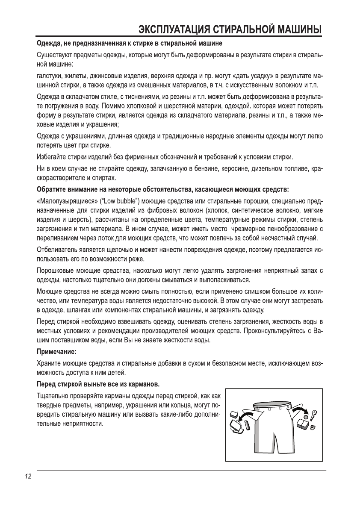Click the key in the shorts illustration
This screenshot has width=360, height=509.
pos(313,415)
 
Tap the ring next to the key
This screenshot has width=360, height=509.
pos(313,427)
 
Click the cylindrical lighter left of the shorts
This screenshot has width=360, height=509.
pos(247,425)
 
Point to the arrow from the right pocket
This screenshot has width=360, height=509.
pos(302,411)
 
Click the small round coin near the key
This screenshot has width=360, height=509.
pos(306,417)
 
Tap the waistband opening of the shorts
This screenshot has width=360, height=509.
pos(272,403)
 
